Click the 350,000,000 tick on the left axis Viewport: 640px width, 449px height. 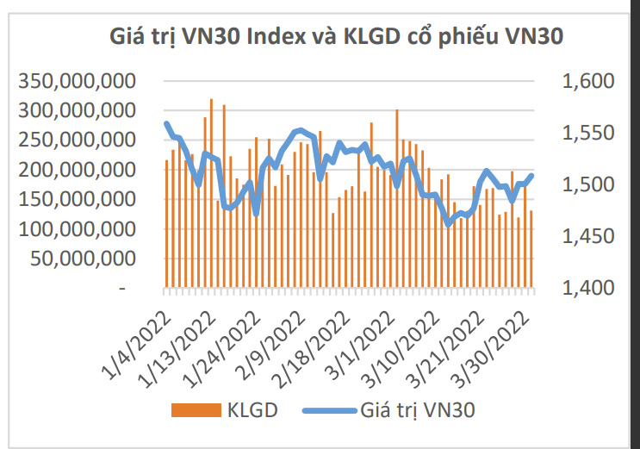pyautogui.click(x=78, y=81)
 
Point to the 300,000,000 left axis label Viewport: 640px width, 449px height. pyautogui.click(x=78, y=111)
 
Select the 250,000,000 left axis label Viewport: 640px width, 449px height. pyautogui.click(x=78, y=140)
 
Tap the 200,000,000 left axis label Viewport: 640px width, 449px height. pyautogui.click(x=78, y=170)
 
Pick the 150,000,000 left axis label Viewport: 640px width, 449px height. pyautogui.click(x=78, y=200)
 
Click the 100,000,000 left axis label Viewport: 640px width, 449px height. pyautogui.click(x=78, y=229)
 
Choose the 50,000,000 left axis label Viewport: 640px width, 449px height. pyautogui.click(x=84, y=259)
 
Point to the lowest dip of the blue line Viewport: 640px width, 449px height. pyautogui.click(x=448, y=224)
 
